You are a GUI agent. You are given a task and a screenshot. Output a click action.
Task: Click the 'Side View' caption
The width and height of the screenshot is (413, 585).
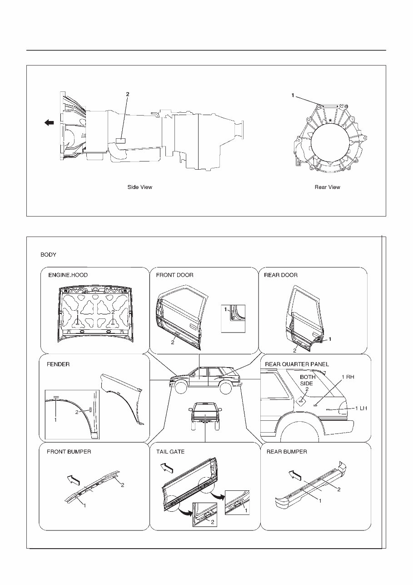click(x=139, y=187)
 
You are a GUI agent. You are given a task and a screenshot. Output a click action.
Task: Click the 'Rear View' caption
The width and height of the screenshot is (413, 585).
click(x=327, y=187)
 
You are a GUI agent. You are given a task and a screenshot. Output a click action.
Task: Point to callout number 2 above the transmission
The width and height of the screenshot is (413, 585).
click(x=128, y=94)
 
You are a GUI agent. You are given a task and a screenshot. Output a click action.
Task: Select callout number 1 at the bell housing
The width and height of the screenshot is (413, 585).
click(x=293, y=96)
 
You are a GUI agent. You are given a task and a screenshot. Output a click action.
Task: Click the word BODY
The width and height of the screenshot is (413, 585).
click(x=48, y=255)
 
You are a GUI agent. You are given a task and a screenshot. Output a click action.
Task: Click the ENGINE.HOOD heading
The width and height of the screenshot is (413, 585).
click(x=68, y=275)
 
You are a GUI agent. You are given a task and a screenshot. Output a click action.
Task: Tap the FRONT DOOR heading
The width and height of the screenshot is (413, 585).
click(x=174, y=275)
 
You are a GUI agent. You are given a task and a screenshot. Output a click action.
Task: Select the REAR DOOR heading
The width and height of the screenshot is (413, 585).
click(x=281, y=275)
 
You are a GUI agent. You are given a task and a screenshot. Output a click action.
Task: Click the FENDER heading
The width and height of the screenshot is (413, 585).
click(x=58, y=364)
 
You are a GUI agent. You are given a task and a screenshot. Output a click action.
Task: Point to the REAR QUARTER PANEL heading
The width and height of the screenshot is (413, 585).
click(x=297, y=364)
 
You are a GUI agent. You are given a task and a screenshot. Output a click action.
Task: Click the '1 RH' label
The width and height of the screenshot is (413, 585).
click(x=348, y=377)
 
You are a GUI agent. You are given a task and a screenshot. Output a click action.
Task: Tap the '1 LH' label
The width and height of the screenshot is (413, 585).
click(x=360, y=408)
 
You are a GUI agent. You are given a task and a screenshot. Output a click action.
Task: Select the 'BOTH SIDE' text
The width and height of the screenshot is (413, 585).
click(x=308, y=380)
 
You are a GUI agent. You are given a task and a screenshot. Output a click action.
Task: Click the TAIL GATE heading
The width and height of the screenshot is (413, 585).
click(x=170, y=452)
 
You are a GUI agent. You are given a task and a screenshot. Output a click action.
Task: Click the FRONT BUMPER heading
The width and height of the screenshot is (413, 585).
click(x=69, y=452)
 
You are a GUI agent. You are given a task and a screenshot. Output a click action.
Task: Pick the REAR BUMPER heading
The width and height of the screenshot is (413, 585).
click(x=286, y=452)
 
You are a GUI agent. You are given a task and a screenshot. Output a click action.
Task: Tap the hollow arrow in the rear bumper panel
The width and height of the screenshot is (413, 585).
click(x=295, y=476)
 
